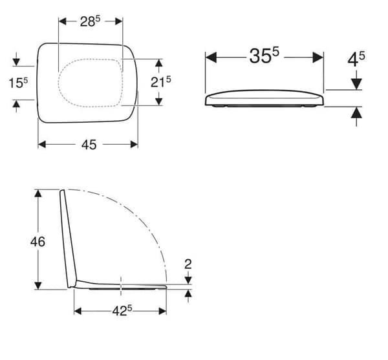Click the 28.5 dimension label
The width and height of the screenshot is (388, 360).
coord(90,21)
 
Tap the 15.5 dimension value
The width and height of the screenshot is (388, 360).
coord(18,83)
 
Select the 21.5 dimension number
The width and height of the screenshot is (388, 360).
coord(161,82)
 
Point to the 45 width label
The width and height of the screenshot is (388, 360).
coord(89,145)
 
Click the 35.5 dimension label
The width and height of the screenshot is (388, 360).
coord(264,56)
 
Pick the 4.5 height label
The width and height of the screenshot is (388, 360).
coord(356,59)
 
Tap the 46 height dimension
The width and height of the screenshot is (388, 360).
coord(38,242)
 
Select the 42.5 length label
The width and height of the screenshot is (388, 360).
coord(122,310)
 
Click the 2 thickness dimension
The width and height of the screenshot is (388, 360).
coord(188,264)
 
